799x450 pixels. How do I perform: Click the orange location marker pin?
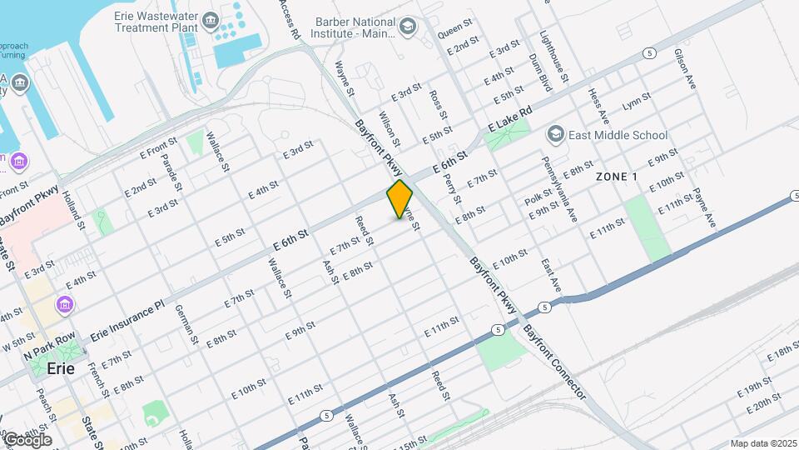point(400,199)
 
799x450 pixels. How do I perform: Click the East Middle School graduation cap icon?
point(555,134)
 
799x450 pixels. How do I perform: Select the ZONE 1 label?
point(617,177)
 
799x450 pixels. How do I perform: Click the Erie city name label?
point(61,367)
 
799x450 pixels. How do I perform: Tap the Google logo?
point(27,439)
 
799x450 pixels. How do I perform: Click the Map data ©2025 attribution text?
point(763,443)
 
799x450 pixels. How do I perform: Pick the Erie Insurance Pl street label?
point(128,317)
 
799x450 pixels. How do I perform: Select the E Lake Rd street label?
point(509,119)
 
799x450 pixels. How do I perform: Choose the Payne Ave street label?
point(704,207)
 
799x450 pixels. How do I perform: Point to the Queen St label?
point(454,31)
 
